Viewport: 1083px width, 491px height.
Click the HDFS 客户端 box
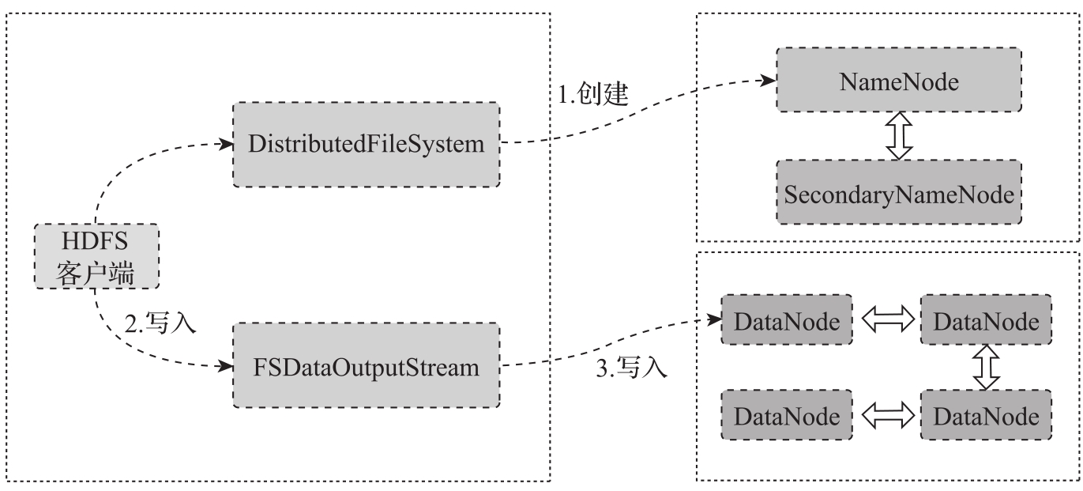click(96, 256)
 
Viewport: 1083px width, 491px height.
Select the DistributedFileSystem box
click(367, 144)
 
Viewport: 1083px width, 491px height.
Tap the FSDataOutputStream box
click(367, 365)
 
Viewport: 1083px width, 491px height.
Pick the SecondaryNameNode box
click(898, 195)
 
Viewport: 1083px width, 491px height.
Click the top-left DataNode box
click(787, 320)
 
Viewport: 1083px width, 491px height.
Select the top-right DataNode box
click(986, 320)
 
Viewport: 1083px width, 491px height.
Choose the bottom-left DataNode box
click(787, 415)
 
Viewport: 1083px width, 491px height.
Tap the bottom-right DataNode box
click(986, 415)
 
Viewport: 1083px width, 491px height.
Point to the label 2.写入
click(160, 323)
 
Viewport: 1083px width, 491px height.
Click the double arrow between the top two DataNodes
click(886, 320)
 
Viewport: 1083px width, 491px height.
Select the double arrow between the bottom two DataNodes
click(886, 415)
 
